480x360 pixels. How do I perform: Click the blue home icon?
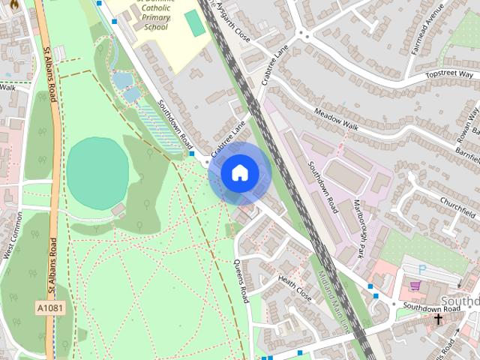click(x=239, y=172)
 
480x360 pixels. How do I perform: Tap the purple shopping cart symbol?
click(x=414, y=286)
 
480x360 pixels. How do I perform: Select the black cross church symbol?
click(x=439, y=319)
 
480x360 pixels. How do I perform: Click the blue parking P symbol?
click(x=421, y=268)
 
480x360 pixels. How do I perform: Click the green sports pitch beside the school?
click(x=195, y=23)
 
